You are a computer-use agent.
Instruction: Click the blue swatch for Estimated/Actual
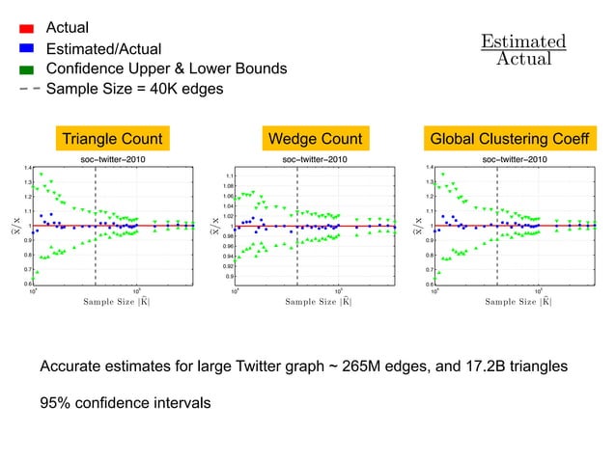point(27,47)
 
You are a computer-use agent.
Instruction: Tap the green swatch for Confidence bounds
point(27,68)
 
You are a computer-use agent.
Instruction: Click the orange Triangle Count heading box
point(112,139)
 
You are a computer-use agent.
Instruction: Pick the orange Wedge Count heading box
point(316,139)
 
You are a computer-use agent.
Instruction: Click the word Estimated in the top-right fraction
point(523,41)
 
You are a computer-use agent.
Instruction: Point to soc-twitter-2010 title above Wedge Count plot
point(315,158)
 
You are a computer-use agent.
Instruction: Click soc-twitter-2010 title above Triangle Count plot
point(112,158)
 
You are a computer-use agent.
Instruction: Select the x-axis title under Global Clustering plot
point(518,302)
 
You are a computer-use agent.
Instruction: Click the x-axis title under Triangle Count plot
point(116,302)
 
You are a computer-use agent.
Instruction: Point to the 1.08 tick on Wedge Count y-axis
point(229,185)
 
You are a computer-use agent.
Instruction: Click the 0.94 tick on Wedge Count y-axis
point(229,257)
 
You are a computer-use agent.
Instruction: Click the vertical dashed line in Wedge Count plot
point(297,231)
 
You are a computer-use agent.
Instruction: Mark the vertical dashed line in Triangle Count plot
point(96,231)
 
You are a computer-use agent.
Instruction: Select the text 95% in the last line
point(55,402)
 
